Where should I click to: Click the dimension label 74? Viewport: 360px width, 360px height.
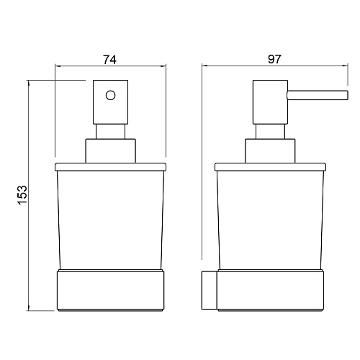click(109, 60)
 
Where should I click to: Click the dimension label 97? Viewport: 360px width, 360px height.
click(274, 59)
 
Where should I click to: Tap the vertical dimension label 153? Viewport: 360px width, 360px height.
click(23, 195)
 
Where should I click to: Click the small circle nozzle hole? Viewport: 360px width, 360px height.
click(110, 95)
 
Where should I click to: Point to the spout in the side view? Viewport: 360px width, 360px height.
click(318, 95)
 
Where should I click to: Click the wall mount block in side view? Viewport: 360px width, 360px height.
click(210, 290)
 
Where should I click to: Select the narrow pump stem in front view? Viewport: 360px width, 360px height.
click(110, 131)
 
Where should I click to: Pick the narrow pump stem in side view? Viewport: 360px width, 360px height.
click(270, 131)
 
